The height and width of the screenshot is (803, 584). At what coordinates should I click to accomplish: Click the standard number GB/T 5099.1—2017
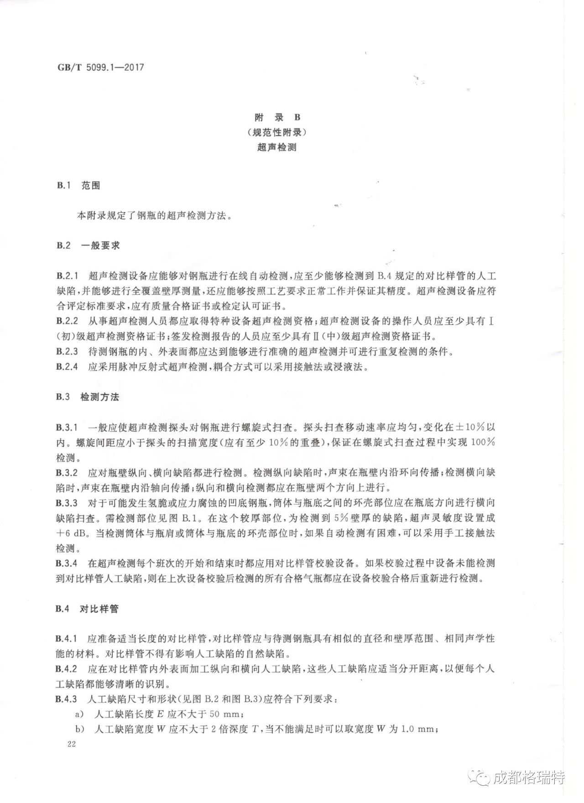click(100, 68)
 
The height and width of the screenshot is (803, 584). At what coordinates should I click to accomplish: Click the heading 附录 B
click(277, 117)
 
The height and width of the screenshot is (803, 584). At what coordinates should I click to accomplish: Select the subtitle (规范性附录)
click(277, 132)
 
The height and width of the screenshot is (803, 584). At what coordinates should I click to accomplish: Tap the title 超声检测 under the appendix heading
click(277, 147)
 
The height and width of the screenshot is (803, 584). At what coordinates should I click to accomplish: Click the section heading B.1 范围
click(78, 186)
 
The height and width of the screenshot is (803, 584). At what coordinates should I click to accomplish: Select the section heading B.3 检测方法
click(88, 397)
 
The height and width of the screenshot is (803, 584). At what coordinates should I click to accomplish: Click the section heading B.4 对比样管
click(88, 609)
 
